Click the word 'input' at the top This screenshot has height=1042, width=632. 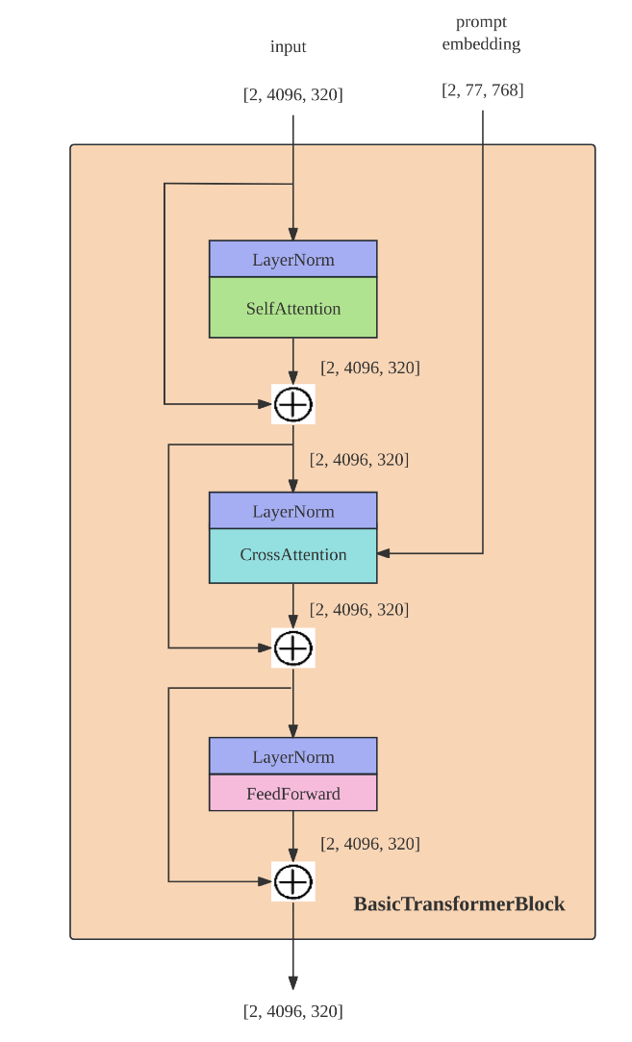click(x=288, y=46)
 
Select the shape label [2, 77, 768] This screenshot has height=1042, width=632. click(x=483, y=90)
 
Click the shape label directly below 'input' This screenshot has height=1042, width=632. click(x=292, y=94)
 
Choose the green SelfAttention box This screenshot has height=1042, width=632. click(x=293, y=308)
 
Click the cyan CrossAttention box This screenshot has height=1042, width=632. click(x=293, y=555)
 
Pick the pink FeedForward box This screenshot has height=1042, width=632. click(x=293, y=794)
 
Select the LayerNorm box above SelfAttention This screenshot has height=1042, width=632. click(x=293, y=260)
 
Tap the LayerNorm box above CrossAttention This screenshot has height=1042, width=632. click(x=293, y=511)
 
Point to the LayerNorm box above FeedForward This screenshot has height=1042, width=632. click(x=293, y=757)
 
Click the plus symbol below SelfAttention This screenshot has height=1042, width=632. click(x=293, y=404)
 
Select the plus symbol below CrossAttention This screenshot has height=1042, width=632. click(x=293, y=648)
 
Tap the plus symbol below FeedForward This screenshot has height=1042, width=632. click(x=293, y=880)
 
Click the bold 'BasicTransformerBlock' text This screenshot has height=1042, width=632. click(x=459, y=903)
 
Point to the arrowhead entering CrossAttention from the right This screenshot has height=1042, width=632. click(x=384, y=553)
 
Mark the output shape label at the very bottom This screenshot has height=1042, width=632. click(x=292, y=1011)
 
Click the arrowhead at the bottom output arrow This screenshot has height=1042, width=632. click(x=293, y=982)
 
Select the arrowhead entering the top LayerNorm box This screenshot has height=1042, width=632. click(x=293, y=234)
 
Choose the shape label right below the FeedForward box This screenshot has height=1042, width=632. click(x=369, y=844)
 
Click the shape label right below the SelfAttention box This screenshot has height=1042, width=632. click(x=369, y=368)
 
